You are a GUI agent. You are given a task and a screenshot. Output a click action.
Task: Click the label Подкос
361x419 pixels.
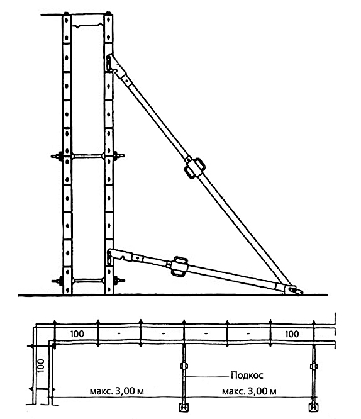(x=247, y=375)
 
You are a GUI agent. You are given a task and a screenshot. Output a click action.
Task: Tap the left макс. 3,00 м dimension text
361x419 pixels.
(x=117, y=391)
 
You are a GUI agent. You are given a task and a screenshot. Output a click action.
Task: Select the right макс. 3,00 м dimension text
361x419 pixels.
(x=249, y=391)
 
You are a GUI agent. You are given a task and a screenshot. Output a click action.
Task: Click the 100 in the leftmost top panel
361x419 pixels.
(x=77, y=334)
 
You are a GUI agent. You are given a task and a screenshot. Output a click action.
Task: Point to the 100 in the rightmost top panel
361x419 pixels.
(x=292, y=334)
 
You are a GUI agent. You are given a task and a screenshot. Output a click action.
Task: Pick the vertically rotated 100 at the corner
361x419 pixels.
(x=40, y=366)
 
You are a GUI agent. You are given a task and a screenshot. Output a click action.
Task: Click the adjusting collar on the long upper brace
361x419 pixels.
(x=195, y=168)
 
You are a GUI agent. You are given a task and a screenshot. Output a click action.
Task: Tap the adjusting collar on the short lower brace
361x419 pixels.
(x=180, y=266)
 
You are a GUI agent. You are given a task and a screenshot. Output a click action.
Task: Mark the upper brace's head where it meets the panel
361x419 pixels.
(x=110, y=62)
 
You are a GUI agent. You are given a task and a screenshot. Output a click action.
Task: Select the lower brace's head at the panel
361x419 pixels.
(x=110, y=257)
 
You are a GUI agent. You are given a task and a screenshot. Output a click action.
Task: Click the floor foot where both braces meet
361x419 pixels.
(x=293, y=289)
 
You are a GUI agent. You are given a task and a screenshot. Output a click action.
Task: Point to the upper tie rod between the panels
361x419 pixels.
(x=88, y=156)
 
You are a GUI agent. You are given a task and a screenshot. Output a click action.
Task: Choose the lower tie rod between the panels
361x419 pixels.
(x=88, y=281)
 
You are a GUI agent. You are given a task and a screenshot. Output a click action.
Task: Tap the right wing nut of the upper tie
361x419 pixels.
(x=119, y=155)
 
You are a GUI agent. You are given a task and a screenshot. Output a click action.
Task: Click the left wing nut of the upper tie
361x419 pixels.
(x=57, y=156)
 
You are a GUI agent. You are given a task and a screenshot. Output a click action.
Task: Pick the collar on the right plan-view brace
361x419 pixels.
(x=313, y=366)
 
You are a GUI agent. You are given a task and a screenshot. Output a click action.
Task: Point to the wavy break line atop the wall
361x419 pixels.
(x=88, y=26)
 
